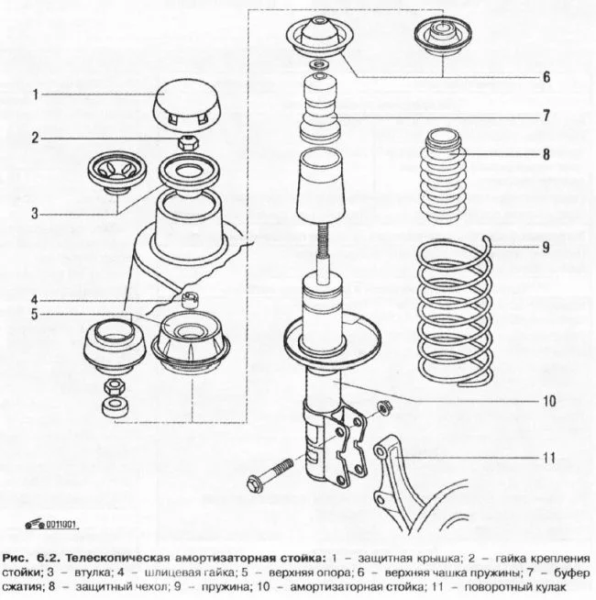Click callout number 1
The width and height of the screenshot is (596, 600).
tap(36, 94)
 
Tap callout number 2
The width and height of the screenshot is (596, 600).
tap(36, 139)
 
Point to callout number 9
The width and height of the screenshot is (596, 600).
tap(546, 247)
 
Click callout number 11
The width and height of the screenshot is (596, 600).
tap(547, 456)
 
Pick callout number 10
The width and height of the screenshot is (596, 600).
tap(547, 401)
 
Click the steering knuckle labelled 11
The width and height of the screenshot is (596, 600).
tap(403, 477)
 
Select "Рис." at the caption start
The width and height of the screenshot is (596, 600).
tap(18, 558)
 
